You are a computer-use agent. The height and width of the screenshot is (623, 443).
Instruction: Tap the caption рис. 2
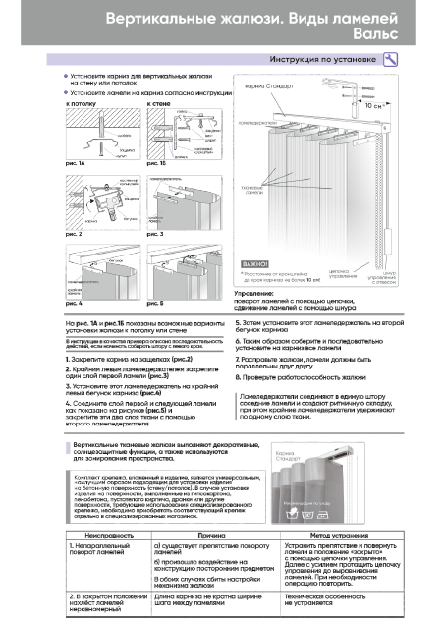[73, 235]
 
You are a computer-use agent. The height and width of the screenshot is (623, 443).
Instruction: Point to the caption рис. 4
[73, 306]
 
